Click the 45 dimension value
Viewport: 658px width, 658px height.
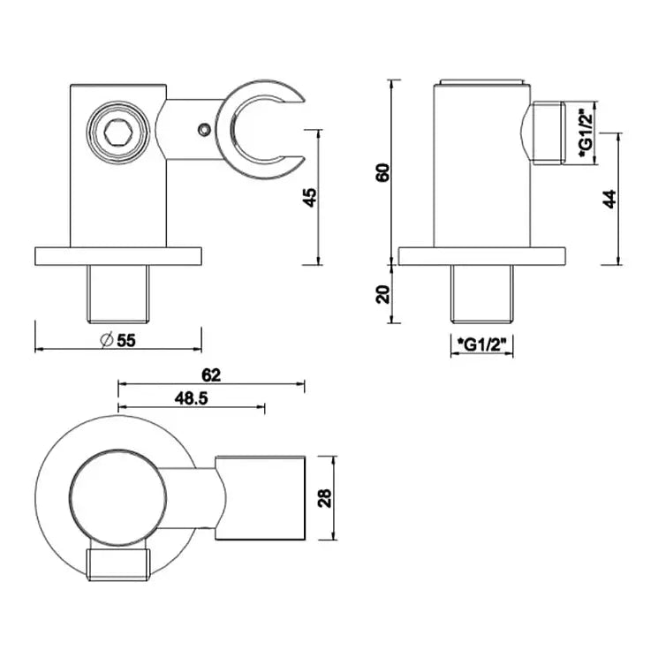309,196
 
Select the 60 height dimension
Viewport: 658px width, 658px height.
382,171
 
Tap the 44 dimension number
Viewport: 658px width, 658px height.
609,198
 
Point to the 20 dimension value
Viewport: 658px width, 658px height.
382,294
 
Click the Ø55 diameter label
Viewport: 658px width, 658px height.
119,339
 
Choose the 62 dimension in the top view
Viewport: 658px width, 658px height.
210,374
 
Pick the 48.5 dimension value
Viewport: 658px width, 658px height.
191,398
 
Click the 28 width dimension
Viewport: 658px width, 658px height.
324,498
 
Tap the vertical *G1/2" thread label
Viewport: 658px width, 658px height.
584,132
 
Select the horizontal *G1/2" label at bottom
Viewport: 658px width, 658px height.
482,344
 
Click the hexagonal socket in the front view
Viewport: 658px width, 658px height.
118,134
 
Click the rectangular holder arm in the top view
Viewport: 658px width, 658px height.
261,498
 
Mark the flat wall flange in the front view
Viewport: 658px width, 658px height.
117,255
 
